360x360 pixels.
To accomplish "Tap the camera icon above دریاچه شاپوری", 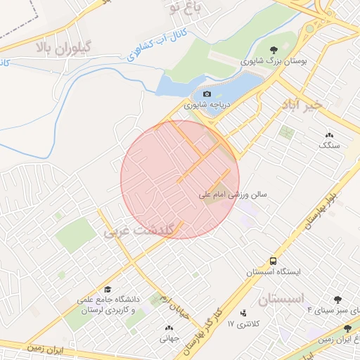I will point(207,94).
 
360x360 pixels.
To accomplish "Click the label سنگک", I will point(329,145).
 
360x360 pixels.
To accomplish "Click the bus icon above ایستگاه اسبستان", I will point(273,260).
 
